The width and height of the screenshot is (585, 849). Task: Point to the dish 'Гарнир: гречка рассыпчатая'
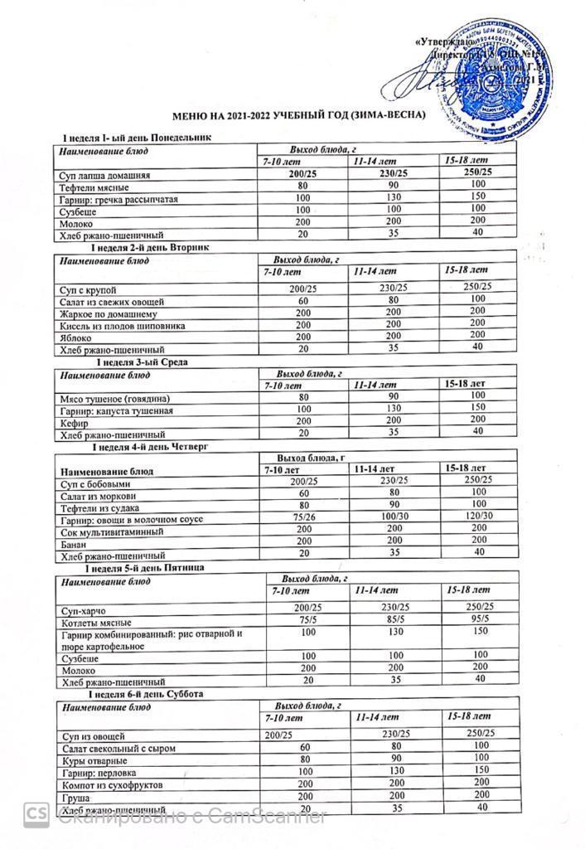119,200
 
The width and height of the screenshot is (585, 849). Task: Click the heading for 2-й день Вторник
152,247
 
